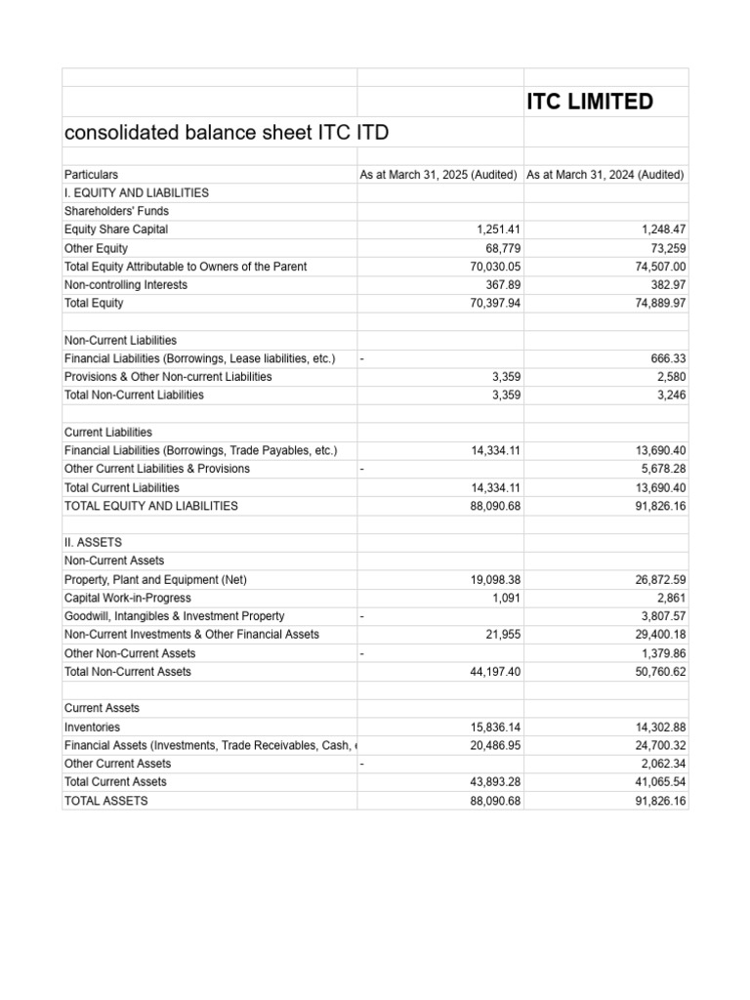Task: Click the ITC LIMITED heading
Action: click(x=590, y=102)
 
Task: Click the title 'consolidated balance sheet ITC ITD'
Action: click(x=226, y=133)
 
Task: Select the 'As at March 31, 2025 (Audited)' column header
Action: click(x=438, y=175)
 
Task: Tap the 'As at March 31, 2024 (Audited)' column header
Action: click(x=605, y=175)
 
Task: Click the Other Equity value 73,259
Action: click(x=664, y=248)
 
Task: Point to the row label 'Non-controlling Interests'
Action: click(x=126, y=285)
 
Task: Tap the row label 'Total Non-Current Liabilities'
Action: click(x=134, y=396)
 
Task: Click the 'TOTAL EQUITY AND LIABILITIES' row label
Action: click(x=150, y=506)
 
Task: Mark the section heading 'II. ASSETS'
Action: click(x=93, y=542)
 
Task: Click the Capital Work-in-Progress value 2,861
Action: click(x=671, y=598)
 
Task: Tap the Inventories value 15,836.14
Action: click(x=491, y=727)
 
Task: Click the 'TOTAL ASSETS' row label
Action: click(x=105, y=801)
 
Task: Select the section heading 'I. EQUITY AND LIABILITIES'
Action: click(x=136, y=193)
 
